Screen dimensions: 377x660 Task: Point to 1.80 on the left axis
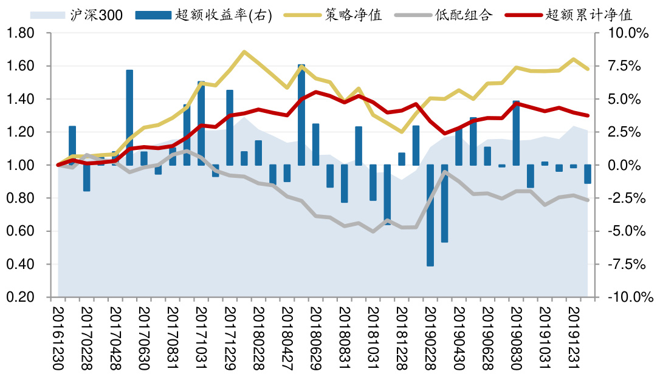21,33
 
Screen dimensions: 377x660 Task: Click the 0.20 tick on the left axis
21,297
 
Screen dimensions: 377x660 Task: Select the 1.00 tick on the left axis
21,165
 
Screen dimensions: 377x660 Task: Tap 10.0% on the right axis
626,33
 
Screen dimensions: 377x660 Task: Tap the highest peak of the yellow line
244,52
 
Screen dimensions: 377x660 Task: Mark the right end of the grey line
588,200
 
